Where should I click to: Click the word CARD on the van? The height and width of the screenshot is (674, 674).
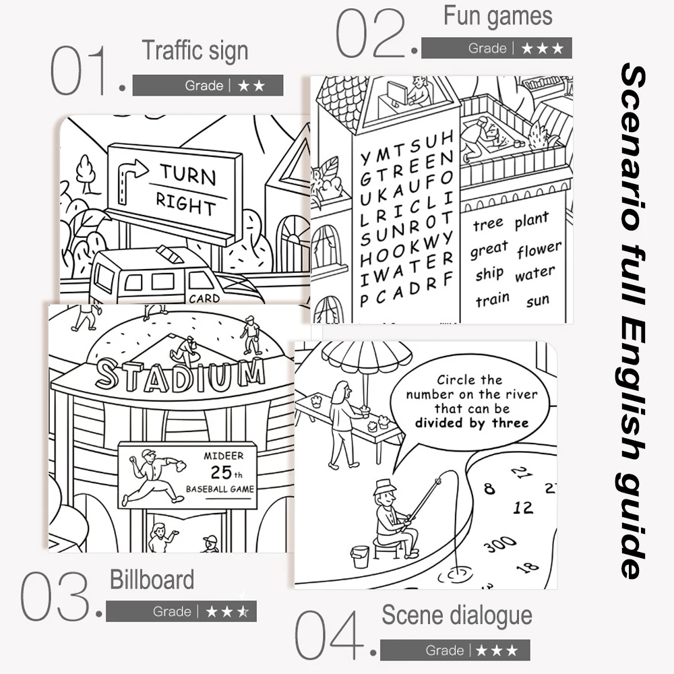204,298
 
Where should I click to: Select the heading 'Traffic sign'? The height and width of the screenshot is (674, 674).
195,51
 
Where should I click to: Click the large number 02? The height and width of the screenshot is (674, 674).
370,33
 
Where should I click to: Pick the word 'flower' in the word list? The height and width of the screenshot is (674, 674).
539,249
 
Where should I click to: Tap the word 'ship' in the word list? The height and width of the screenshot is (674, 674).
489,274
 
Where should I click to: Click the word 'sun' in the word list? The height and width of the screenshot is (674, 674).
538,300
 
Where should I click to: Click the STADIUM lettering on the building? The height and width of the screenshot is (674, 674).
180,375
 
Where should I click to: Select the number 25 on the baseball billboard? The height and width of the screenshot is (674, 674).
221,472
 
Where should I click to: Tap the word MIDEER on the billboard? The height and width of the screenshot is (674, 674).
224,455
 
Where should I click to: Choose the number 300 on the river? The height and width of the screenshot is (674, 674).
499,545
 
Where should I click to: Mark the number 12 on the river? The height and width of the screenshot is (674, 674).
523,508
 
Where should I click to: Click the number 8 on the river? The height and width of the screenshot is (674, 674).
489,489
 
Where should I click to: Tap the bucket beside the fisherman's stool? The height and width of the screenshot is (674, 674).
360,557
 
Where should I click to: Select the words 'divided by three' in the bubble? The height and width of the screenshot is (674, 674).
472,423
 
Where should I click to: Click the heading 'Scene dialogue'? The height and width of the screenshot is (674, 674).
457,615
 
